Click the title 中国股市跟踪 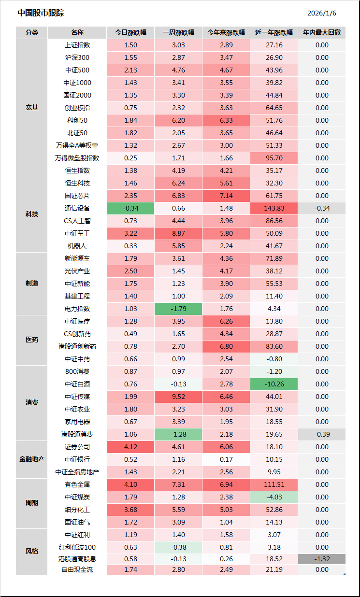tap(41, 13)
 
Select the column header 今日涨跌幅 tap(130, 33)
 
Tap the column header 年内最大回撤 tap(321, 33)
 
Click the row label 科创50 tap(77, 120)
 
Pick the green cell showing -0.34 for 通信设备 tap(130, 208)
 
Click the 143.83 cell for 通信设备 tap(274, 208)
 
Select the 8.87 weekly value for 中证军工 tap(178, 233)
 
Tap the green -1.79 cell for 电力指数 tap(178, 309)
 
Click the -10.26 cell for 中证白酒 tap(274, 384)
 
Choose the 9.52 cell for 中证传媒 tap(178, 397)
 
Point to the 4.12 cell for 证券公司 tap(130, 447)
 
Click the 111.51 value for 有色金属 tap(274, 484)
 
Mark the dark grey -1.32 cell tap(322, 559)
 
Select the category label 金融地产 tap(32, 459)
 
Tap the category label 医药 tap(32, 340)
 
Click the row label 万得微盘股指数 tap(77, 158)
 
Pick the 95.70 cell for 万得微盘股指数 tap(274, 158)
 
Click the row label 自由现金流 tap(77, 569)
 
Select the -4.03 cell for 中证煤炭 tap(274, 497)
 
